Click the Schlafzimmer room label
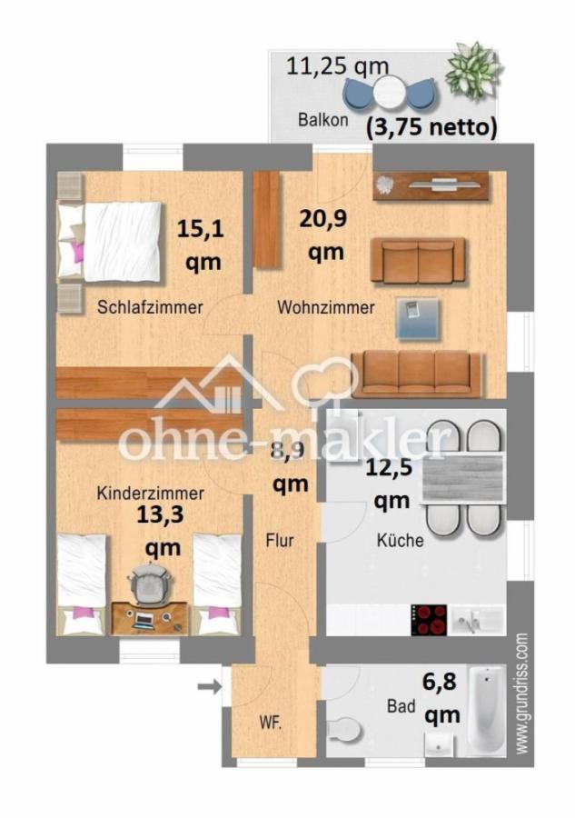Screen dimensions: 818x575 point(150,307)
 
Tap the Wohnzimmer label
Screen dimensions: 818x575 point(325,307)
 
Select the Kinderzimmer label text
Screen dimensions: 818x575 point(150,494)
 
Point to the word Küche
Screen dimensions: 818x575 point(400,541)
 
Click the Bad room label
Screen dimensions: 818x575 point(400,705)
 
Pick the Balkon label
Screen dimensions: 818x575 point(322,120)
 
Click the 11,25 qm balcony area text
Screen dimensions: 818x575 point(338,65)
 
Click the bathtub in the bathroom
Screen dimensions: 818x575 point(486,711)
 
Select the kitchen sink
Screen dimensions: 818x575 point(477,620)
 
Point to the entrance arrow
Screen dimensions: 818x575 point(210,686)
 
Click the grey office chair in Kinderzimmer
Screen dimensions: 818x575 point(148,582)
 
